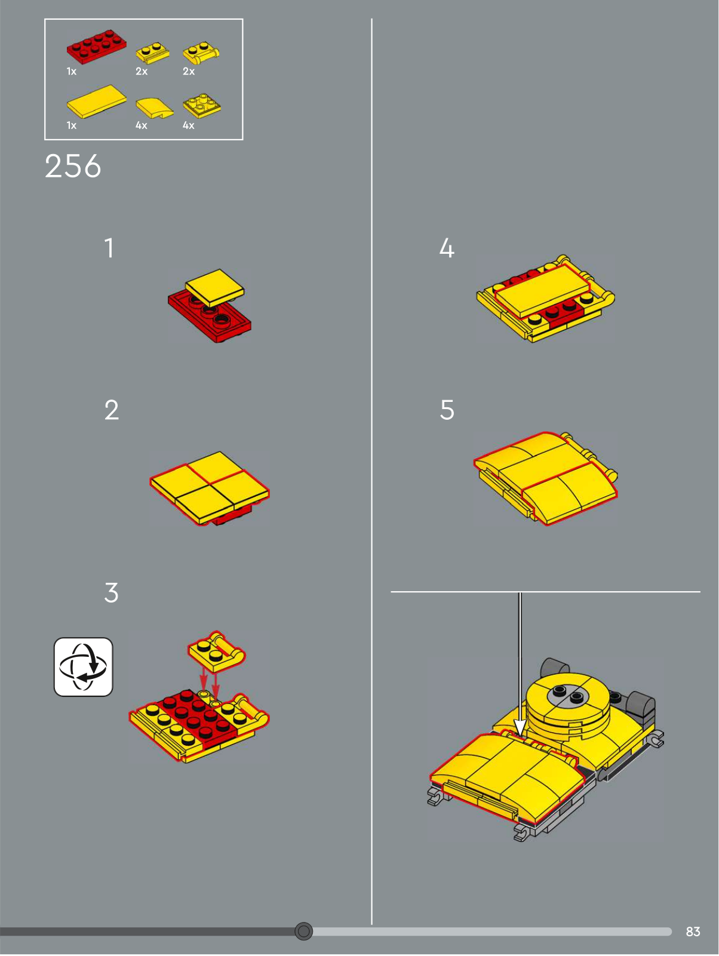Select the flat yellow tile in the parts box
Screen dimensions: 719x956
97,101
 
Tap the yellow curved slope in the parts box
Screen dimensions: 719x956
154,107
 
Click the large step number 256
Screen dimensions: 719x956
73,166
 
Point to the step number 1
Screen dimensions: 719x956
109,248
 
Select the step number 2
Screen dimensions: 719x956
112,410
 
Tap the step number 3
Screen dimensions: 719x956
112,592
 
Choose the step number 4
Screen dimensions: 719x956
447,248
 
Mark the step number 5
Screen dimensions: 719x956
447,410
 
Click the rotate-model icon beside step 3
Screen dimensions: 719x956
83,667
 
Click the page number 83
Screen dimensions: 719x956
693,931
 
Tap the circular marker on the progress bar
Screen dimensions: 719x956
303,931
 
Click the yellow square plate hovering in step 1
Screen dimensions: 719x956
215,288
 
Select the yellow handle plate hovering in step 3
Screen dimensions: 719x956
216,651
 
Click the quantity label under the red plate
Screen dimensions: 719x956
72,72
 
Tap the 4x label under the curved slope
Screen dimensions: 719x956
142,125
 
